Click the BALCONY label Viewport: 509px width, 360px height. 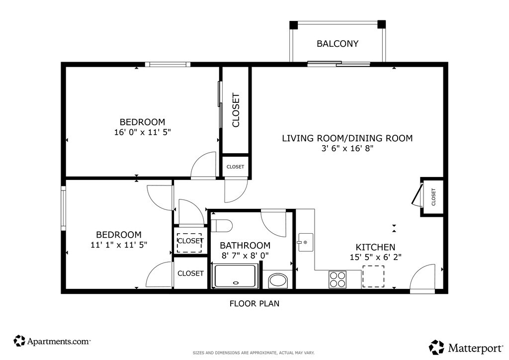338,43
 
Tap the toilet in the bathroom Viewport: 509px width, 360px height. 222,226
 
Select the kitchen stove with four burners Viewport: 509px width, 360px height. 338,279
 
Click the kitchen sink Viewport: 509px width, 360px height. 306,242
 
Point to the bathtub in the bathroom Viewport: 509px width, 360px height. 235,276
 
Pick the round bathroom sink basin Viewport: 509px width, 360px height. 278,281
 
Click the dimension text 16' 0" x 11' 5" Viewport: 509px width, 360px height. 143,132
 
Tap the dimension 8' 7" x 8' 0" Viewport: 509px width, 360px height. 245,256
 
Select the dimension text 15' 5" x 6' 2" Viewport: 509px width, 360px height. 376,257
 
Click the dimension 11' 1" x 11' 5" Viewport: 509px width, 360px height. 119,245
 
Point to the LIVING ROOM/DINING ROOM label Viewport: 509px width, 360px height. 347,138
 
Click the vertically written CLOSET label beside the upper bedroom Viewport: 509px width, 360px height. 236,110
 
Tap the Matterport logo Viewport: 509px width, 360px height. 466,348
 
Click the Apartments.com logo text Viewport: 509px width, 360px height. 59,342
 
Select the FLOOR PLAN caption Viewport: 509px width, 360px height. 254,303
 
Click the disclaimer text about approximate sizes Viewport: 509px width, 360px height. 254,353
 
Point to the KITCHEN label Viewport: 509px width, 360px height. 376,247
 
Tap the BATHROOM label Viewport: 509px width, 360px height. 245,246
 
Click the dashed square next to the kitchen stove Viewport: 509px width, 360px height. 373,276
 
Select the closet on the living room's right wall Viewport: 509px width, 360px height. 432,197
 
